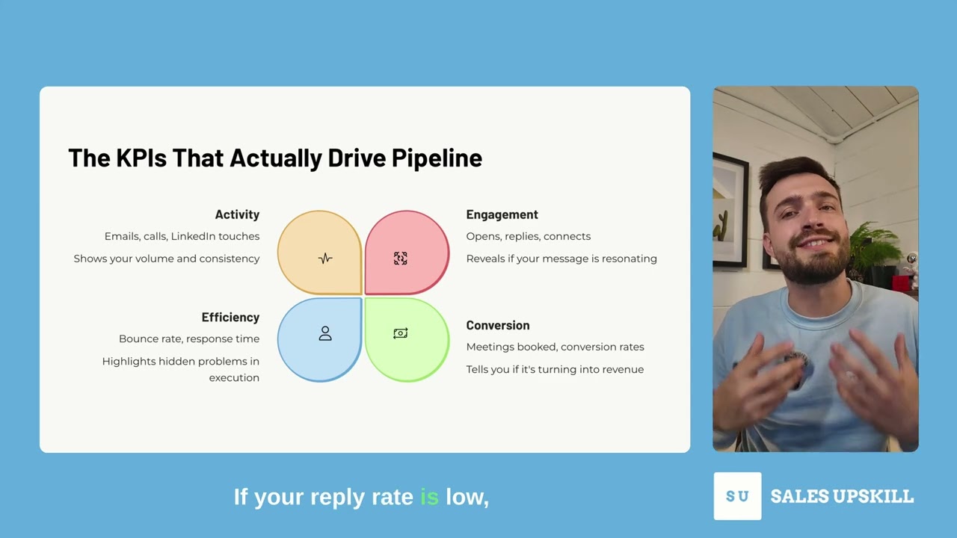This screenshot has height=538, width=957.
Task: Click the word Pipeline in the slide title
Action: coord(437,158)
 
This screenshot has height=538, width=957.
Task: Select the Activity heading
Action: coord(237,214)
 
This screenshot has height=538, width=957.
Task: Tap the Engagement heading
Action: coord(502,214)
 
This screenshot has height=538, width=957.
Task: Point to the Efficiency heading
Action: coord(230,317)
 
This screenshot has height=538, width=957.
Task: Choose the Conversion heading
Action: coord(497,325)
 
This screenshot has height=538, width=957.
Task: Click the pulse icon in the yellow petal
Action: coord(325,259)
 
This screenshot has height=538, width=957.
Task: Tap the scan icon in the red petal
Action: coord(400,259)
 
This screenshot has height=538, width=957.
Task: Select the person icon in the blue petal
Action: coord(325,333)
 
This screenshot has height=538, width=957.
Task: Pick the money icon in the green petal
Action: coord(400,333)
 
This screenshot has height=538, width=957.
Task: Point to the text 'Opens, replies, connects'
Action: coord(528,236)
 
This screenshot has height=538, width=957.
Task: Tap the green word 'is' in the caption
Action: coord(429,497)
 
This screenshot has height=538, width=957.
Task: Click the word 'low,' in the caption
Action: coord(467,497)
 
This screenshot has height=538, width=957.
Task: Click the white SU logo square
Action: coord(737,496)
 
